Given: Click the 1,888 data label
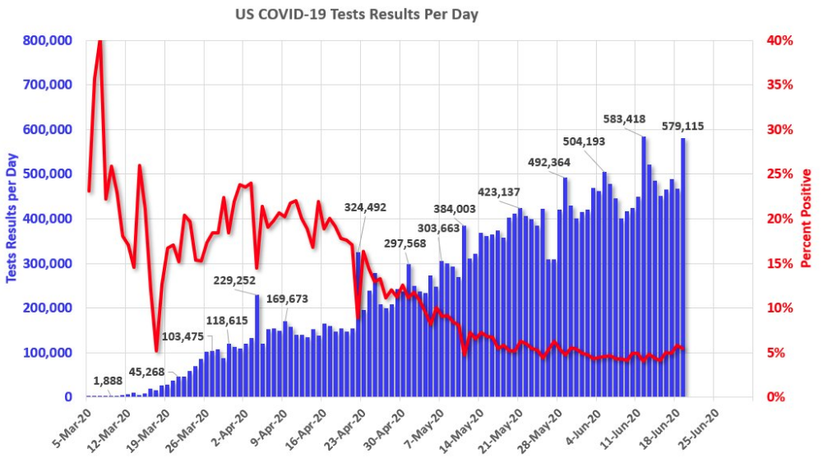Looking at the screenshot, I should pos(107,380).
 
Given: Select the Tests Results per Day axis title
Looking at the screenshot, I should pos(12,218).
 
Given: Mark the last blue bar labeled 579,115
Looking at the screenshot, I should pos(682,267).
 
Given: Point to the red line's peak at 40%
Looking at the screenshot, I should pos(99,42).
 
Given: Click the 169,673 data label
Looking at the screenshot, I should pos(288,298).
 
